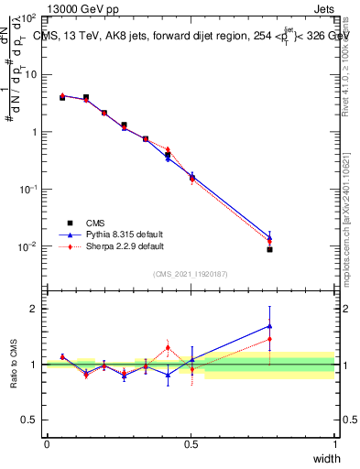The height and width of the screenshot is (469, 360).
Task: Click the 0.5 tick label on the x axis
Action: [191, 443]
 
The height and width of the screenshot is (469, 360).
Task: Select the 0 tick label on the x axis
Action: [47, 443]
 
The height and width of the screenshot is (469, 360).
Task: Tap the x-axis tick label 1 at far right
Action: [334, 443]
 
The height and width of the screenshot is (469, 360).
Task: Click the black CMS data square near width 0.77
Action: [269, 249]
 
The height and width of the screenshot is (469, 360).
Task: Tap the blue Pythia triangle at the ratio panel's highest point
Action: [269, 325]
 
